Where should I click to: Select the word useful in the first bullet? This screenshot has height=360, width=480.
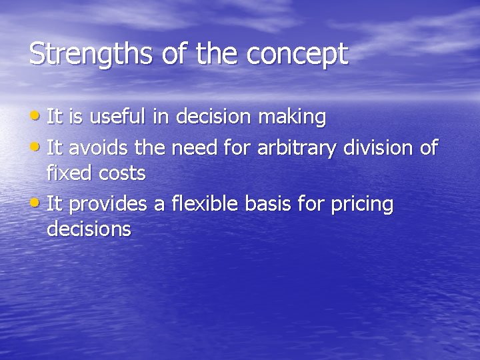tap(117, 117)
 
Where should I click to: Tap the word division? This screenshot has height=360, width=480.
tap(377, 147)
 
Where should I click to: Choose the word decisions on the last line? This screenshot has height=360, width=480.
tap(89, 229)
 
